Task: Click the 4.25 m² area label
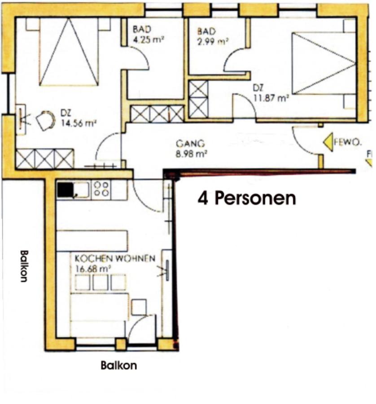coord(149,40)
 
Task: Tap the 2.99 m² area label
coord(213,41)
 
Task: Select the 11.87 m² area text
coord(271,98)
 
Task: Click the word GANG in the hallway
coord(190,143)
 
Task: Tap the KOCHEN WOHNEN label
coord(115,258)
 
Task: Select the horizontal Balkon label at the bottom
coord(119,365)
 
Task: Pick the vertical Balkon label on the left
coord(24,266)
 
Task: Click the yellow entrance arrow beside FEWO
coord(328,142)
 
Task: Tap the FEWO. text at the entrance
coord(348,142)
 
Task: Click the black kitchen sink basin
coord(65,189)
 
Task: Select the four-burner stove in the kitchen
coord(101,189)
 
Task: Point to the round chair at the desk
coord(46,120)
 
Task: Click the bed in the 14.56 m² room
coord(69,52)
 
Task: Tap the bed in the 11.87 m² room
coord(324,63)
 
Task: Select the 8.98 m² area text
coord(191,154)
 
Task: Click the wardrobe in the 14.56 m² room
coord(45,159)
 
